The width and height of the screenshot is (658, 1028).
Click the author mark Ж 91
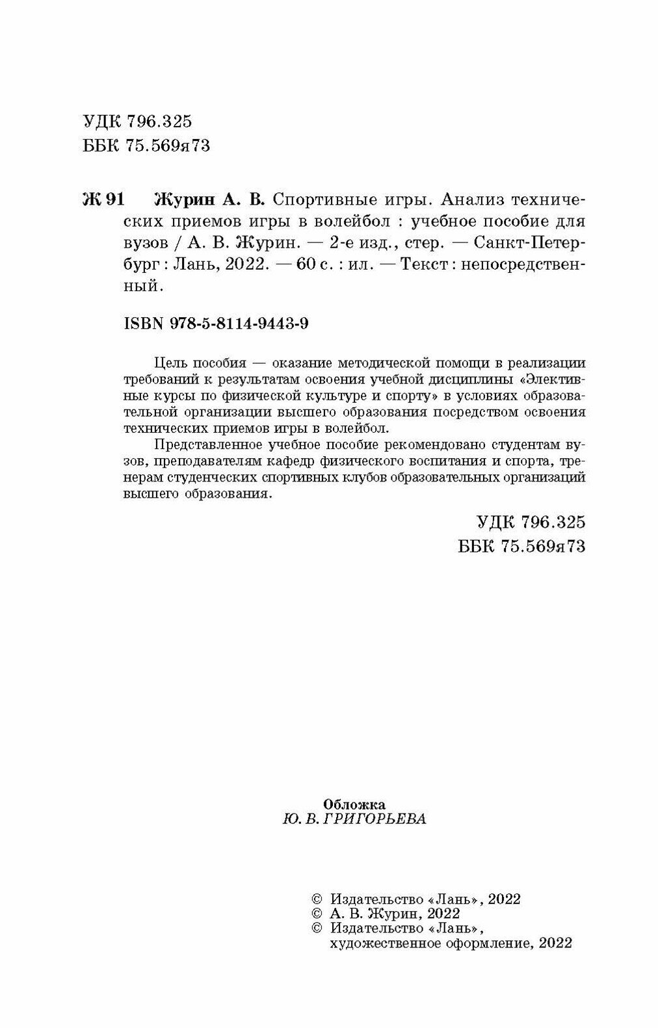103,198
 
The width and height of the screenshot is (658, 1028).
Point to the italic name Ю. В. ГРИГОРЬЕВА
354,819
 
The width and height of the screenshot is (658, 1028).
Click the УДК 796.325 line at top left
138,122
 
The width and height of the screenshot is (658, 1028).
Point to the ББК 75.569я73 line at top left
147,146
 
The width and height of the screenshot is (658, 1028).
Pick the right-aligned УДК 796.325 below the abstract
531,522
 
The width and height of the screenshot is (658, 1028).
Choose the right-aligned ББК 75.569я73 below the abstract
522,546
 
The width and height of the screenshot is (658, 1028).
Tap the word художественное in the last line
381,943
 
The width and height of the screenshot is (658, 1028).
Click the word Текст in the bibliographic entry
423,265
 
